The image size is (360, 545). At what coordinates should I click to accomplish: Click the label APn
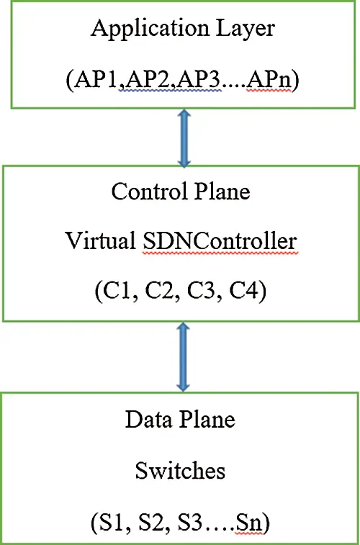pyautogui.click(x=268, y=82)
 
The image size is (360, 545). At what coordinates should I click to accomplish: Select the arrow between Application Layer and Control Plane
pyautogui.click(x=184, y=138)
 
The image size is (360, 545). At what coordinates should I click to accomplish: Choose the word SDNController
pyautogui.click(x=220, y=240)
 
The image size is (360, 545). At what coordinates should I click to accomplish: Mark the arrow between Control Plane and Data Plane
pyautogui.click(x=183, y=357)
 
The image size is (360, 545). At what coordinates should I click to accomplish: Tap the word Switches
pyautogui.click(x=180, y=472)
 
